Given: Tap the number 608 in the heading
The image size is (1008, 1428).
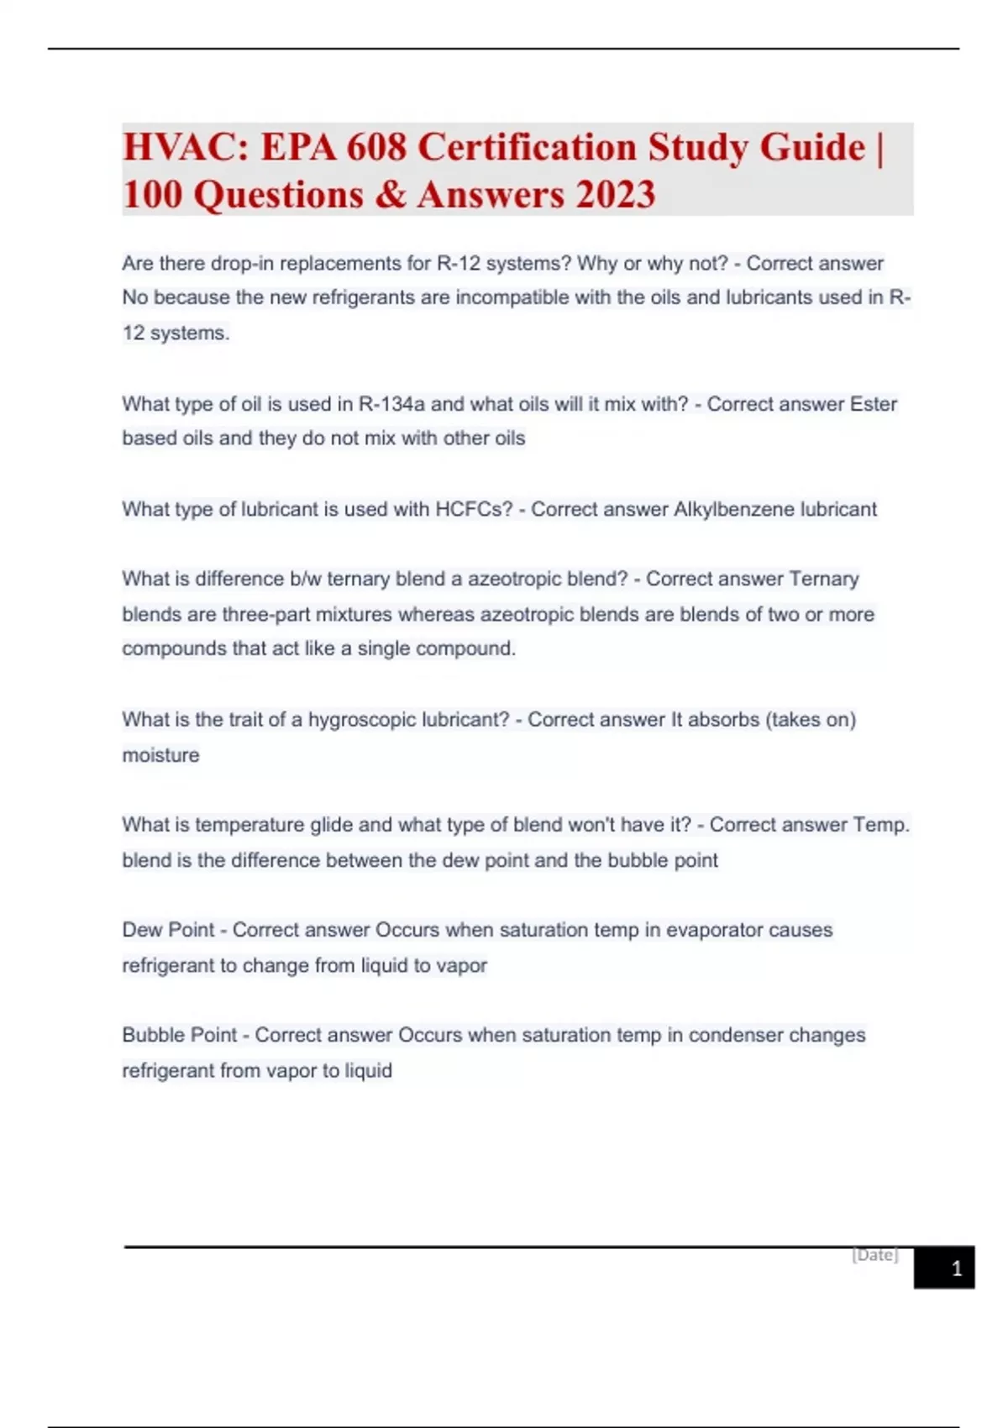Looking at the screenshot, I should pos(376,148).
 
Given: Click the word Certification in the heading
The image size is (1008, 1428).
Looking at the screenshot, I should pos(527,148).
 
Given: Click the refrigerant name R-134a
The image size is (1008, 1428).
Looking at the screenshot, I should pos(391,404).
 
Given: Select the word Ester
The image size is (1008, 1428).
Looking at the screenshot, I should pos(873,404).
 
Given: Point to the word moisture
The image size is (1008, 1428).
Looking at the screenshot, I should pos(160,755).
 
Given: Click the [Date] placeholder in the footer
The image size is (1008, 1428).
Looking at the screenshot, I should pos(874,1255).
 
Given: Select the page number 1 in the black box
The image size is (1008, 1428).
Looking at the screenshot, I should pos(956,1268).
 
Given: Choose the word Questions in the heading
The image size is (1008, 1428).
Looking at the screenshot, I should pos(278,195).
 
